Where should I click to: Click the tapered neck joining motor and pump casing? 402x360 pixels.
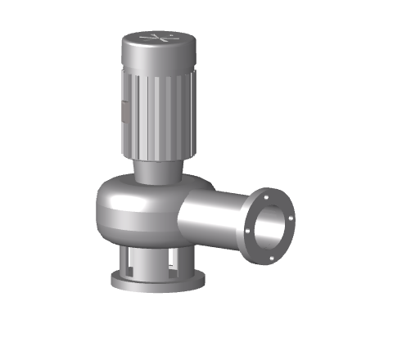tap(155, 172)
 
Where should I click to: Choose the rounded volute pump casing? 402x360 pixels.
tap(131, 209)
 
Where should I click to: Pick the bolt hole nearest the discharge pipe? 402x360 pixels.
tap(251, 237)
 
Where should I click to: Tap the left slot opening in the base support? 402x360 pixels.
tap(133, 260)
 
